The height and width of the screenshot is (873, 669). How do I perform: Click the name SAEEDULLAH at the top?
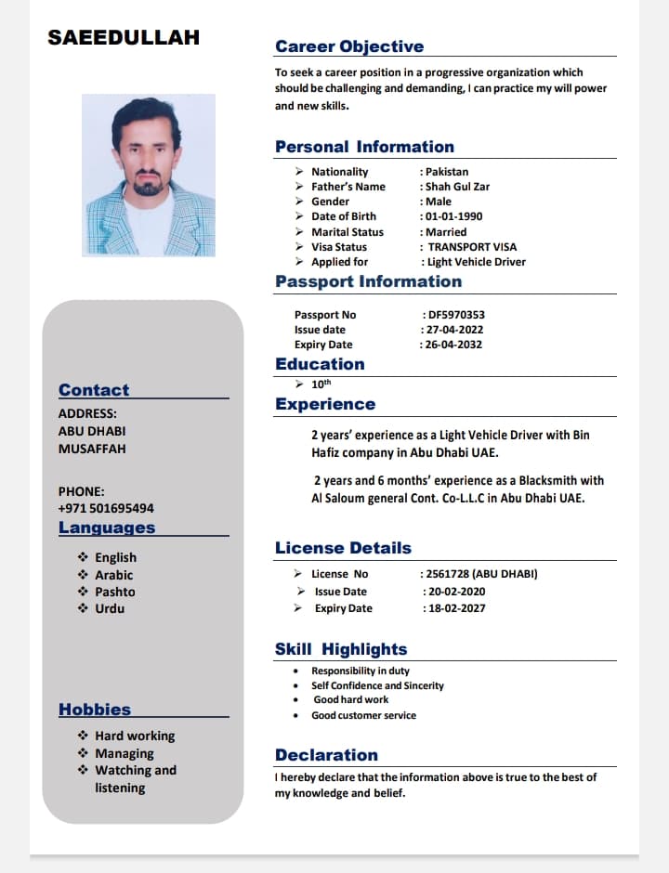point(124,38)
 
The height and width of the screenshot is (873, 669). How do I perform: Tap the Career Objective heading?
point(349,46)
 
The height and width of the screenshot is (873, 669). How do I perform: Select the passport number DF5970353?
point(456,315)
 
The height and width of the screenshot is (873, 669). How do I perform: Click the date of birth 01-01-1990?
point(454,216)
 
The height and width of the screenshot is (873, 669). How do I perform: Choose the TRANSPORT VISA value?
point(472,247)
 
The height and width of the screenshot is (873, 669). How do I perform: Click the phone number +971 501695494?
point(106,508)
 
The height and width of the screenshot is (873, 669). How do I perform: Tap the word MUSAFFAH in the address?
point(92,449)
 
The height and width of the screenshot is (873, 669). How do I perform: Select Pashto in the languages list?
point(115,592)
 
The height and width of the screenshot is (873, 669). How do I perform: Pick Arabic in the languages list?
point(114,575)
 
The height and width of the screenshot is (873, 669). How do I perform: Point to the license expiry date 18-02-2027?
point(455,608)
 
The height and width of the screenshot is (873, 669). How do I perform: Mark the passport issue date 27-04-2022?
point(454,330)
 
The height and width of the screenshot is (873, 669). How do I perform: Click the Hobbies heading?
point(95,710)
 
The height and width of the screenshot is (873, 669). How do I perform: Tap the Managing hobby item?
point(125,753)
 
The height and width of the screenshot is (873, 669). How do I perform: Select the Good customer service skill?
point(363,715)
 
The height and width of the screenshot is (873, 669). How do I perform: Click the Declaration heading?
point(326,755)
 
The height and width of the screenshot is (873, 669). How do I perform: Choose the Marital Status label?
point(348,232)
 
